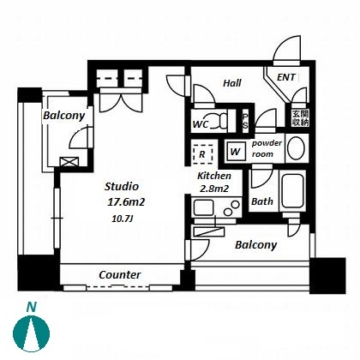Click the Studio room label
pyautogui.click(x=122, y=186)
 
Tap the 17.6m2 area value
pyautogui.click(x=126, y=202)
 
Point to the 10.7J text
pyautogui.click(x=123, y=219)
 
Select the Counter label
pyautogui.click(x=120, y=275)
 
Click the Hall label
pyautogui.click(x=232, y=83)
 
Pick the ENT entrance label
pyautogui.click(x=286, y=77)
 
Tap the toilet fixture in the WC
pyautogui.click(x=220, y=121)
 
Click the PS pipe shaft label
pyautogui.click(x=245, y=122)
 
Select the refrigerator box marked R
pyautogui.click(x=202, y=154)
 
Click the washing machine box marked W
pyautogui.click(x=236, y=152)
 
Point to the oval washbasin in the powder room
pyautogui.click(x=296, y=148)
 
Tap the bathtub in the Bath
pyautogui.click(x=292, y=190)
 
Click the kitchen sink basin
pyautogui.click(x=203, y=207)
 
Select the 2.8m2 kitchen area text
pyautogui.click(x=214, y=189)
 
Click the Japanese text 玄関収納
pyautogui.click(x=300, y=118)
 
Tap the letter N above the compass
pyautogui.click(x=32, y=307)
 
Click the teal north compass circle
pyautogui.click(x=32, y=333)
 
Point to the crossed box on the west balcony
pyautogui.click(x=69, y=162)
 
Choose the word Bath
pyautogui.click(x=262, y=201)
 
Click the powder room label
pyautogui.click(x=267, y=148)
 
